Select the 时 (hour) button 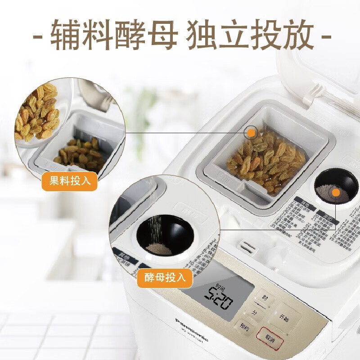click(265, 297)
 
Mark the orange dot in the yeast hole click(335, 193)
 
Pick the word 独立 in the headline click(217, 35)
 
